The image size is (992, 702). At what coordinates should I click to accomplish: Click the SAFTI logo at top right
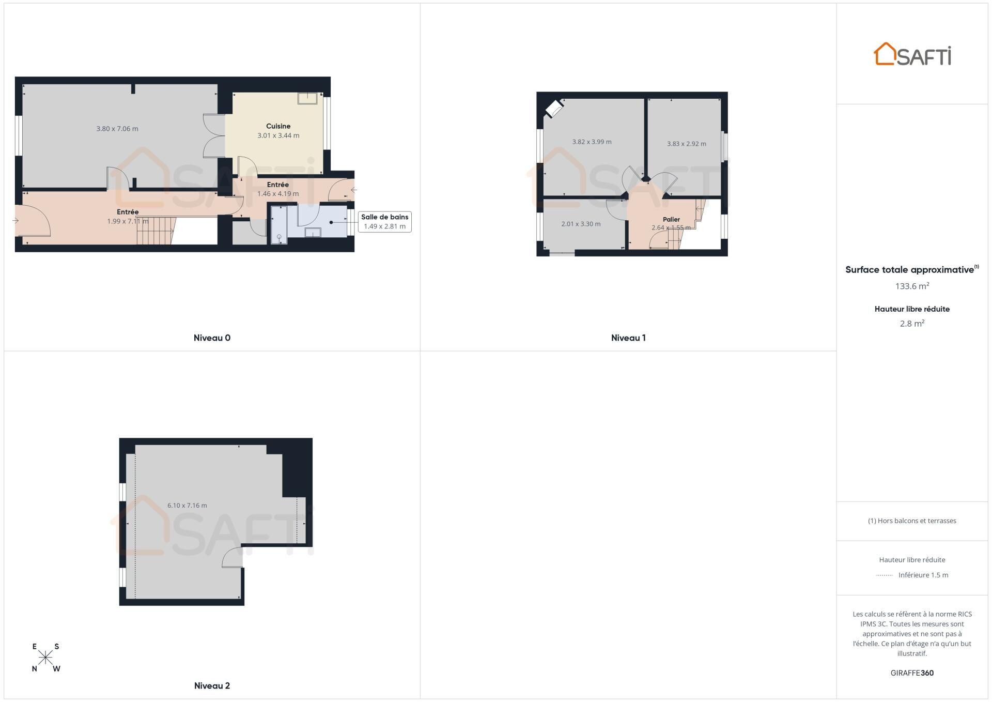pos(912,54)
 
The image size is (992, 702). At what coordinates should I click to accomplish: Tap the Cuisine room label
pos(278,126)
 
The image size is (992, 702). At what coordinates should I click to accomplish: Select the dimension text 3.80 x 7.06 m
pos(117,129)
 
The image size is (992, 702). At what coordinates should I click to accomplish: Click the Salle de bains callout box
pos(384,222)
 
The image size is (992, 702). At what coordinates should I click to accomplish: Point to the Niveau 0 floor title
pos(212,338)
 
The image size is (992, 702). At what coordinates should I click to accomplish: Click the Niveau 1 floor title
pos(628,338)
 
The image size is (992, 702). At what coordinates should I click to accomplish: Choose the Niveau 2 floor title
pos(212,686)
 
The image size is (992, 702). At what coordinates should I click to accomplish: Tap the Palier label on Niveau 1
pos(671,220)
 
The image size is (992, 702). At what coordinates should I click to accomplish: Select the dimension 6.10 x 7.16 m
pos(187,506)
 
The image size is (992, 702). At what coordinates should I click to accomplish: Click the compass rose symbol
pos(45,658)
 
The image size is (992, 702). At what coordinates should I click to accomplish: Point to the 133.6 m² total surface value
pos(912,286)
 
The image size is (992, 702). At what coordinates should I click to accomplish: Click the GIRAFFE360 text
pos(912,673)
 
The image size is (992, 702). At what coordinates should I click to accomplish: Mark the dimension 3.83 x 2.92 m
pos(686,144)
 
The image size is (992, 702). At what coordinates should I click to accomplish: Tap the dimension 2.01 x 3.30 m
pos(581,224)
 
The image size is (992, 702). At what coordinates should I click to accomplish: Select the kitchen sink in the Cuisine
pos(307,98)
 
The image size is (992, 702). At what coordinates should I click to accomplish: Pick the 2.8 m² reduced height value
pos(912,324)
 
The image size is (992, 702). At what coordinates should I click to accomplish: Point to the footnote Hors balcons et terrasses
pos(912,521)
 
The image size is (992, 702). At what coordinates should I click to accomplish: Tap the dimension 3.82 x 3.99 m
pos(592,142)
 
